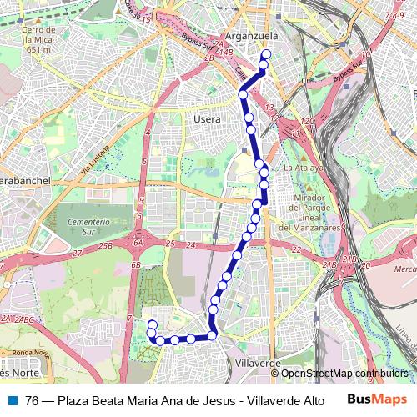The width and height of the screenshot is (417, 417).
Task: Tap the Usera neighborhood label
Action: point(207,120)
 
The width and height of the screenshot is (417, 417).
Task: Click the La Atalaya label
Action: point(304,168)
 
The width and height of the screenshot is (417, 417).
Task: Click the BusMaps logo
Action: point(376,399)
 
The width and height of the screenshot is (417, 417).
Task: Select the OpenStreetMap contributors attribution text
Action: point(344,374)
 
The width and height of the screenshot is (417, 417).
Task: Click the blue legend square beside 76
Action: point(12,400)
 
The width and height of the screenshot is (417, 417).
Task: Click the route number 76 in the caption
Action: point(33,400)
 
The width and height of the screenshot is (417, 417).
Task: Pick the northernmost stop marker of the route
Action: point(266,55)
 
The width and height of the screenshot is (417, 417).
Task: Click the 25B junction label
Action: point(105,246)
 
